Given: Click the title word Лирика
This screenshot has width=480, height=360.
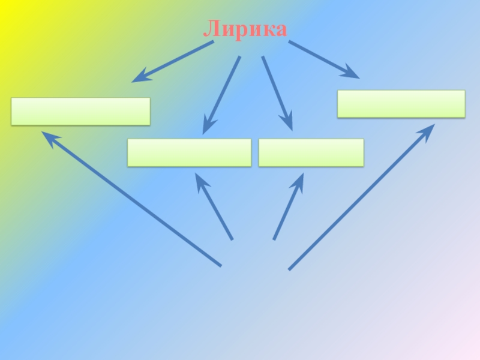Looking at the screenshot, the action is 245,29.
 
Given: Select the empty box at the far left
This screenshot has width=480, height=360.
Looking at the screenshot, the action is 80,112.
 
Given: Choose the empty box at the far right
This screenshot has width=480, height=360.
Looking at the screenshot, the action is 401,104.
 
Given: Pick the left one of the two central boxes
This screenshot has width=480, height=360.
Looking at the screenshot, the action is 189,152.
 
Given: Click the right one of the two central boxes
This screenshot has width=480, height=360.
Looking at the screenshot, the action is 311,152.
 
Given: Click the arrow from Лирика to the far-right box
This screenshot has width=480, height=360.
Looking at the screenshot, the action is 324,59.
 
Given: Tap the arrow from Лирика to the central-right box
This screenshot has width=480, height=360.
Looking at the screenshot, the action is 277,93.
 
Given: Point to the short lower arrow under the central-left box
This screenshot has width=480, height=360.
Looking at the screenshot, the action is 214,207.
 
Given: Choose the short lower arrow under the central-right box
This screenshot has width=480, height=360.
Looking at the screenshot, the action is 288,207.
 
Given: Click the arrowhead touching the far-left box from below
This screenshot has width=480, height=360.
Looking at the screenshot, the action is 48,137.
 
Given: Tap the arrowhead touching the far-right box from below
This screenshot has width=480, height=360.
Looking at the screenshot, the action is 428,131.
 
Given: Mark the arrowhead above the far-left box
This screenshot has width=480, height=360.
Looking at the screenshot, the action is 139,77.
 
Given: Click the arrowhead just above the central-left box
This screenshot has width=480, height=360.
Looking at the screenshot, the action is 207,127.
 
